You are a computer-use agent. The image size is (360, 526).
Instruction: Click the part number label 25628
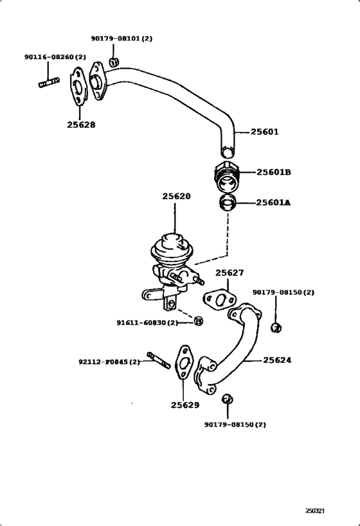(81, 125)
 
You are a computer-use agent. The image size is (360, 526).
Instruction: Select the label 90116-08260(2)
(55, 57)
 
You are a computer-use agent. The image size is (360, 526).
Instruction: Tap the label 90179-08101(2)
(122, 39)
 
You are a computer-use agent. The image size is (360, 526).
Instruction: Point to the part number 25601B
(274, 172)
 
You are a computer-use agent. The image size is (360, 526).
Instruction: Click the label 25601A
(273, 202)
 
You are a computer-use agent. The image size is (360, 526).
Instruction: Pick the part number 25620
(176, 197)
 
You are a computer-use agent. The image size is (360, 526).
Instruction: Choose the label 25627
(230, 273)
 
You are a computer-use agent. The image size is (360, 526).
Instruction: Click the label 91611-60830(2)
(147, 322)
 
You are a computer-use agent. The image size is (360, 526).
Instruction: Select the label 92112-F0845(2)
(109, 362)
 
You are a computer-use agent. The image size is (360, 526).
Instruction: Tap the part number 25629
(185, 405)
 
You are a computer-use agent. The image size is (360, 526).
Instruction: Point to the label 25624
(277, 360)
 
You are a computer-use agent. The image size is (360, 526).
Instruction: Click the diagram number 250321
(315, 511)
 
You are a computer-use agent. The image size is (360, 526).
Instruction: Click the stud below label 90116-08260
(49, 82)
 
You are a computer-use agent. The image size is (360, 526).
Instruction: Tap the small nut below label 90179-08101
(114, 62)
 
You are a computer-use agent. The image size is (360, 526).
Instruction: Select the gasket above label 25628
(78, 87)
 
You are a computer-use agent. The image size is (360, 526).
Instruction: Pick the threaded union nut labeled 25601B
(227, 177)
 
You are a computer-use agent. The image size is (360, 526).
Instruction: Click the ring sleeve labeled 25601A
(228, 202)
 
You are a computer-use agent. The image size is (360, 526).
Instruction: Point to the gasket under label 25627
(219, 299)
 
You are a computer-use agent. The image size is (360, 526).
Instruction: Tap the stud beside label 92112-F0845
(159, 360)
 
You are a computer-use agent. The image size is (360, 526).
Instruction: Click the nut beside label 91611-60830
(199, 321)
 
